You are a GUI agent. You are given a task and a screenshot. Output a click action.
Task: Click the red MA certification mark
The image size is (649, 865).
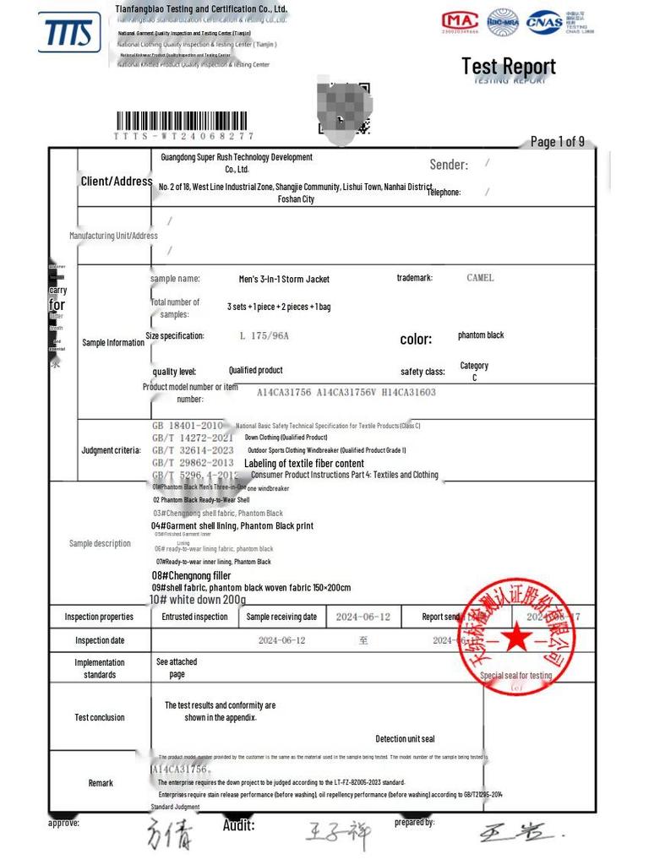(x=461, y=21)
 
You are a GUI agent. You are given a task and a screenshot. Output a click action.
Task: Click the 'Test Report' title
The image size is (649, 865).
(x=508, y=66)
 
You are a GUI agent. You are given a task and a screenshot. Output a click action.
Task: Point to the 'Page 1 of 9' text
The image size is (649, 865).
(x=557, y=141)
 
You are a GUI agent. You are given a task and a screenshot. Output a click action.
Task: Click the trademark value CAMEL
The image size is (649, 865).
(x=480, y=278)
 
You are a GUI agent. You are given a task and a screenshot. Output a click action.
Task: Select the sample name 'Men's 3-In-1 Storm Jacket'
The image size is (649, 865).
(x=284, y=279)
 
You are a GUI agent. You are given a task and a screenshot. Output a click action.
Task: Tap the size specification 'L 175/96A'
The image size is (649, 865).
(x=264, y=335)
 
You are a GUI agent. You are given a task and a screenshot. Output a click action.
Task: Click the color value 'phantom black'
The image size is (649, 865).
(x=481, y=335)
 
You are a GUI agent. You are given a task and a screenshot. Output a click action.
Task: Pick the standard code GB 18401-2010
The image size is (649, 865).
(x=188, y=426)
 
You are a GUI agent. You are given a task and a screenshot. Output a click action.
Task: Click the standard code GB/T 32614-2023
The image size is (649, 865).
(x=193, y=450)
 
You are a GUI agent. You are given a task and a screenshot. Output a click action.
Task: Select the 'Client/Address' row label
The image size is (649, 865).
(x=117, y=182)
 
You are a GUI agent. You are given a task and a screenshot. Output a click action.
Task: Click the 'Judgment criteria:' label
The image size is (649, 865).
(x=111, y=450)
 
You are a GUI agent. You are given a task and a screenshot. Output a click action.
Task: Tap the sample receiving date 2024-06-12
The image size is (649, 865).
(x=363, y=617)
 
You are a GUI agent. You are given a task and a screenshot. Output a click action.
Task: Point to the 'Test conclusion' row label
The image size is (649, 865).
(x=100, y=717)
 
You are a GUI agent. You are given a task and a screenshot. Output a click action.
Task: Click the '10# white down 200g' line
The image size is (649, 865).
(x=198, y=600)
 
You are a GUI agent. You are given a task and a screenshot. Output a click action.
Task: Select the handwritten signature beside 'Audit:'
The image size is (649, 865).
(x=338, y=834)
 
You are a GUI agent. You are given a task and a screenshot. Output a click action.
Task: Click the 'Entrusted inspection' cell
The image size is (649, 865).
(x=194, y=617)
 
